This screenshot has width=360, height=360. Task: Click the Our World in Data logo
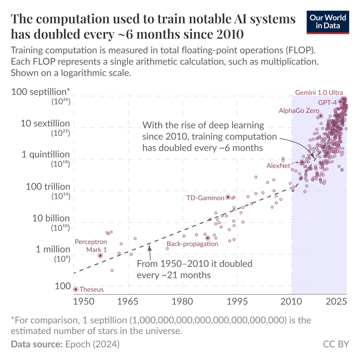pyautogui.click(x=328, y=22)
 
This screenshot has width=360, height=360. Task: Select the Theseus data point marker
pyautogui.click(x=76, y=289)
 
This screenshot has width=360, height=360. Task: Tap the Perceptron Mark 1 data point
pyautogui.click(x=100, y=256)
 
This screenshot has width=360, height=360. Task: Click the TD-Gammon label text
pyautogui.click(x=205, y=198)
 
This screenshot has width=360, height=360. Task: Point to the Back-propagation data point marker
pyautogui.click(x=207, y=238)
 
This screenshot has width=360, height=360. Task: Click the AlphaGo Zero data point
pyautogui.click(x=320, y=116)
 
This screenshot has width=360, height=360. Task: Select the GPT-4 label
pyautogui.click(x=327, y=103)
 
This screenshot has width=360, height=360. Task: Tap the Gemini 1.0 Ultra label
pyautogui.click(x=319, y=93)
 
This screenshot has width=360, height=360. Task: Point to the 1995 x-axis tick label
pyautogui.click(x=237, y=302)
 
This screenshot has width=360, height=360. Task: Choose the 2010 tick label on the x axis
pyautogui.click(x=291, y=302)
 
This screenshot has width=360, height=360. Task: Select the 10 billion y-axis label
pyautogui.click(x=51, y=218)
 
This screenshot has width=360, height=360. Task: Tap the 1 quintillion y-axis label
pyautogui.click(x=46, y=155)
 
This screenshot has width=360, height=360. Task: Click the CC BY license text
pyautogui.click(x=336, y=344)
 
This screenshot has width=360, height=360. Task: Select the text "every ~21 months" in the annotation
pyautogui.click(x=174, y=275)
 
